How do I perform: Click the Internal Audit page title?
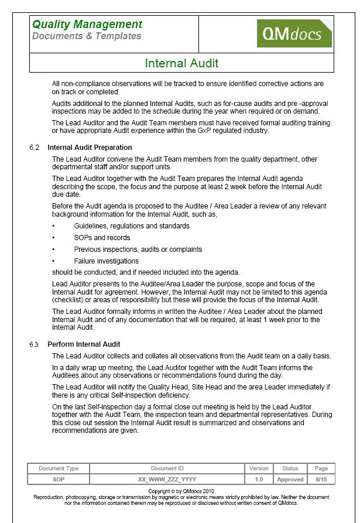coord(181,63)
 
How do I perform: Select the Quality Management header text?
coord(87,24)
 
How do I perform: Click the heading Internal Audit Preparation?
coord(90,148)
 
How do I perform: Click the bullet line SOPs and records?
coord(102,238)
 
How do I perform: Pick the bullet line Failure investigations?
coord(106,261)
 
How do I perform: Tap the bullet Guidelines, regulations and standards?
coord(132,226)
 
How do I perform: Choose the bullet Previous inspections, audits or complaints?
coord(138,249)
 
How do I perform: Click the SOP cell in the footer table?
coord(59,479)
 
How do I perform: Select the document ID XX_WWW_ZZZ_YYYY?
coord(167,479)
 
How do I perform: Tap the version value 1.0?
coord(259,479)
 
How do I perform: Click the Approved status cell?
coord(290,479)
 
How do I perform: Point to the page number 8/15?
coord(321,479)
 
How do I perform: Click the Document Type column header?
coord(59,469)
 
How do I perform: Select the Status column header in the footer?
coord(290,469)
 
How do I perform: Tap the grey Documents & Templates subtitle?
coord(87,36)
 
